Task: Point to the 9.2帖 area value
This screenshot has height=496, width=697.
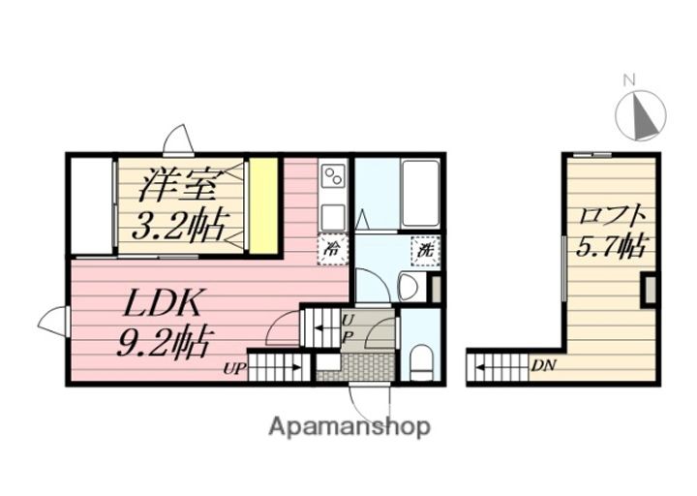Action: pos(164,342)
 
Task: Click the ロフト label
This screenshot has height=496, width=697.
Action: pos(612,217)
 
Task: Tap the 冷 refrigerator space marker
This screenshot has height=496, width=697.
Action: pos(332,249)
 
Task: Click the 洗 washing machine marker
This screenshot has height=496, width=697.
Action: pos(425,251)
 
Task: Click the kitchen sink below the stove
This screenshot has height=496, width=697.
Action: pos(333,217)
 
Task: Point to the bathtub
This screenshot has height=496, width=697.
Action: pos(420,194)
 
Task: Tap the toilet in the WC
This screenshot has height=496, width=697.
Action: pos(421,362)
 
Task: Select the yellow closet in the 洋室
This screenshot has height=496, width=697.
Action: pos(263,206)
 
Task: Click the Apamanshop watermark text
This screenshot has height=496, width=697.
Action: pos(349,427)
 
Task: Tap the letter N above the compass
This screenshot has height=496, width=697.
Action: pos(628,80)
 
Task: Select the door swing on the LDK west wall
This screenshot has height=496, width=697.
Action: pos(53,322)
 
